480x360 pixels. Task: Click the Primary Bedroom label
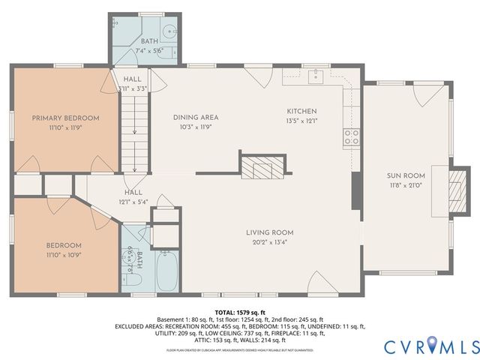click(65, 118)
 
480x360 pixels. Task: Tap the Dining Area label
click(196, 117)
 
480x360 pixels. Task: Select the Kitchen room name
click(301, 111)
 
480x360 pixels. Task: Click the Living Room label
click(269, 232)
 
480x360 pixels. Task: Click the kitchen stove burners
click(351, 136)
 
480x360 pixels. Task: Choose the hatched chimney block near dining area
click(262, 166)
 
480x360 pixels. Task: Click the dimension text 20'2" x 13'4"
click(269, 242)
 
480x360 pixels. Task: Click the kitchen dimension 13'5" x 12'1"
click(301, 121)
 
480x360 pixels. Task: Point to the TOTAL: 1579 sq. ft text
click(240, 311)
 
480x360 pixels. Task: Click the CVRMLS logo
click(431, 346)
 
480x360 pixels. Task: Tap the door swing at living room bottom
click(322, 283)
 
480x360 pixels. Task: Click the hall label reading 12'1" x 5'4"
click(133, 202)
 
